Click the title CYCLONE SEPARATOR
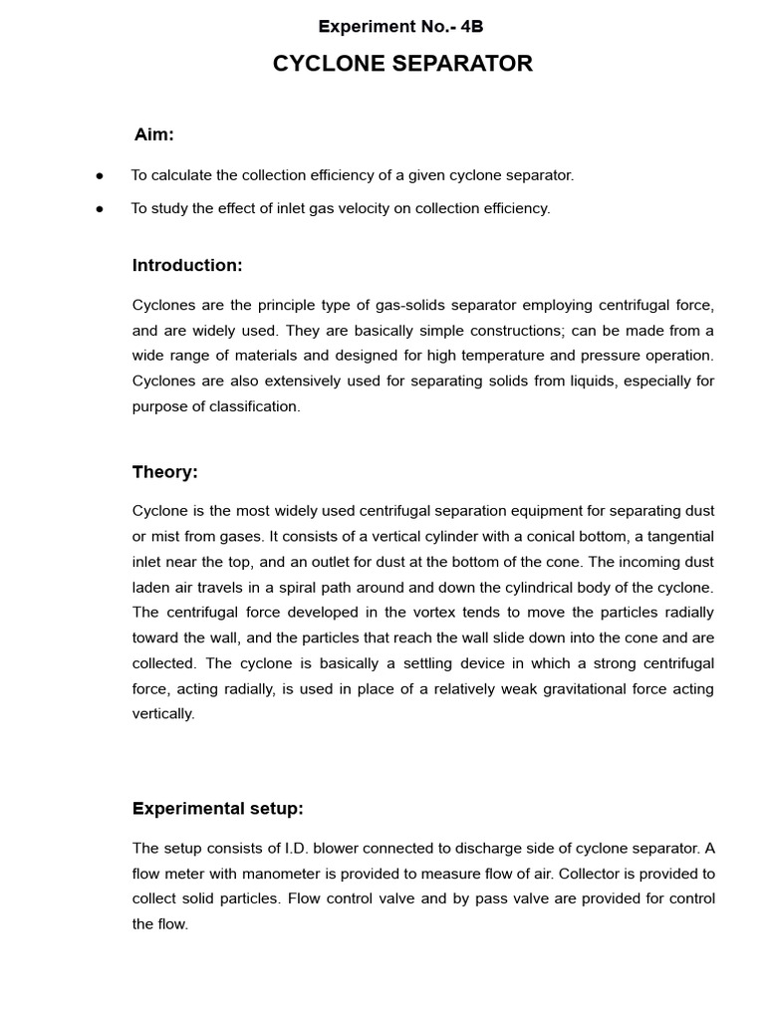pos(402,64)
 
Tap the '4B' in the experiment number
pos(471,26)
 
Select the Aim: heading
pos(154,134)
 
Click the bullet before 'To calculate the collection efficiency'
pos(100,175)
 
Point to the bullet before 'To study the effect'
pos(100,209)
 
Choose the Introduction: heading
pos(187,266)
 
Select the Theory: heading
pos(165,472)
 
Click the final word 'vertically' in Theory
pos(162,714)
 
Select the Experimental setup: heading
pos(218,809)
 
